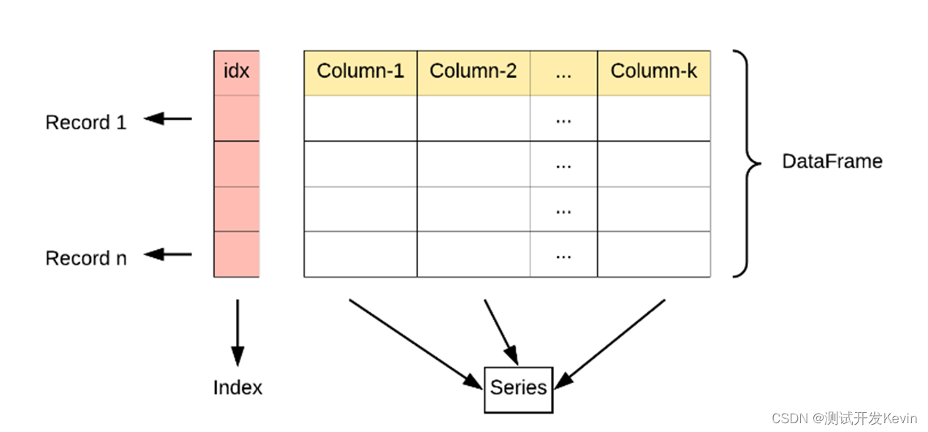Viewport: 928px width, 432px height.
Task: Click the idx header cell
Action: pos(236,72)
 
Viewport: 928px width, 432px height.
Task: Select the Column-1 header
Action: pos(360,72)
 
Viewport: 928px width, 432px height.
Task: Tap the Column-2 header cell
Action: pos(473,72)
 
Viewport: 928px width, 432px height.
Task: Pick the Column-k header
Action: pos(654,72)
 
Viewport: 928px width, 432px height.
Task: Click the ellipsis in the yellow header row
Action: pos(563,72)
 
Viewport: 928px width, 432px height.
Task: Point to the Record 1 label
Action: pos(85,122)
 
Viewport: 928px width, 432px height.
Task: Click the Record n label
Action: pos(85,258)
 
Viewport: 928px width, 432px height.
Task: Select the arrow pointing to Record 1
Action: pos(167,118)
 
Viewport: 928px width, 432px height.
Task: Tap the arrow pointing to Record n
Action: pos(167,254)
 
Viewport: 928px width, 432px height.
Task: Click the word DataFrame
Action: pos(832,161)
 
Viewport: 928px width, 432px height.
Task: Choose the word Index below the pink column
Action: pos(237,387)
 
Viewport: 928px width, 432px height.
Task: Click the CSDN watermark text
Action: pos(844,418)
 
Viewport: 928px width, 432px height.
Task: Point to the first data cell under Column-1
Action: pos(360,118)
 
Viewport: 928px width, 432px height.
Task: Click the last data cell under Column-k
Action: pos(654,254)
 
